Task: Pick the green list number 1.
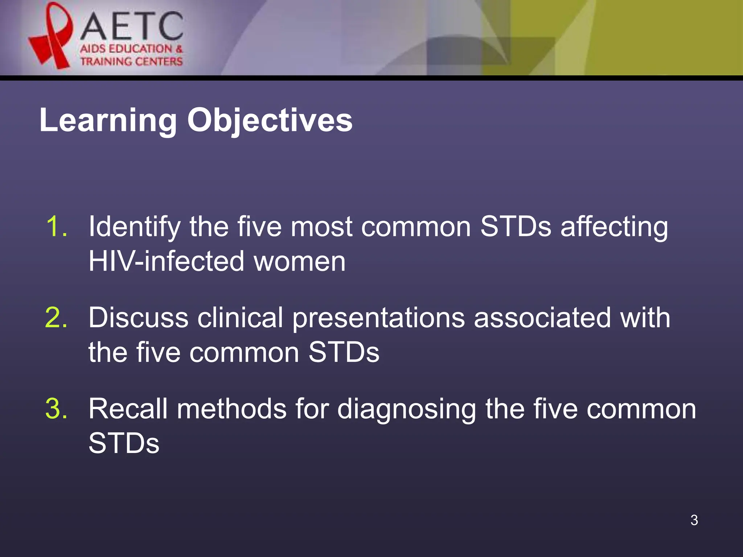coord(57,227)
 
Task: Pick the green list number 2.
coord(56,318)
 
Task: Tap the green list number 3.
coord(56,409)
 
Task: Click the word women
coord(300,261)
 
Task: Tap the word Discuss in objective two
coord(138,318)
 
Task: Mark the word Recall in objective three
coord(128,409)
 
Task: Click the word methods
coord(231,409)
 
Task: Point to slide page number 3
coord(694,520)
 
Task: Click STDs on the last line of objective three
coord(124,443)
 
